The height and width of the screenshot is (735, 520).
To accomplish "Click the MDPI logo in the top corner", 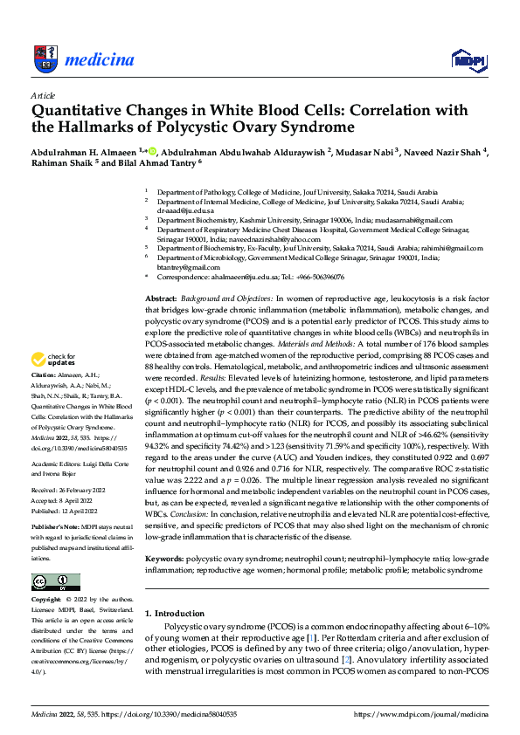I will tap(468, 59).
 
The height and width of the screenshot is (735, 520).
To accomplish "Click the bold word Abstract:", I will tap(163, 299).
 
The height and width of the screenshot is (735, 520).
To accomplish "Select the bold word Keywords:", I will tap(165, 556).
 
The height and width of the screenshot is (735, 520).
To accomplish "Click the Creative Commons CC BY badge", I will tap(55, 582).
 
